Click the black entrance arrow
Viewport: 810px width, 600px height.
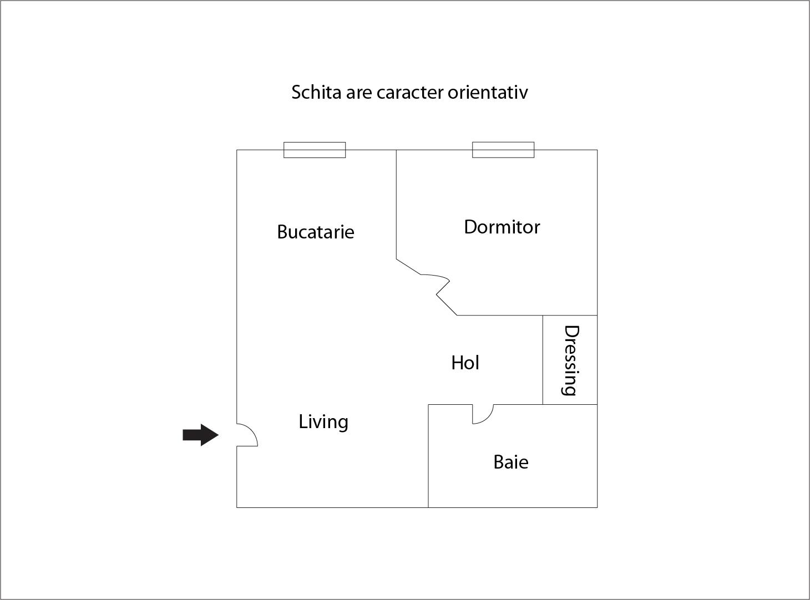point(200,435)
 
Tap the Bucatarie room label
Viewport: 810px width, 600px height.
point(316,232)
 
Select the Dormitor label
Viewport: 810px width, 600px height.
point(502,227)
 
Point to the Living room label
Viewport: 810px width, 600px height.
point(323,422)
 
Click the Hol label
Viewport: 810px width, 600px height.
point(465,363)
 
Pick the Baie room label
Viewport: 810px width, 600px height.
point(511,462)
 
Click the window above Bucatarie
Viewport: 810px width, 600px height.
point(315,150)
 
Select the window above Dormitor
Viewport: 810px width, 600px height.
point(503,150)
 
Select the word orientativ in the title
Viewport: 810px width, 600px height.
point(488,92)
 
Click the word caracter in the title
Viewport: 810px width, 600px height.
point(411,93)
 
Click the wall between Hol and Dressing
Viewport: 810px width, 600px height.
point(543,360)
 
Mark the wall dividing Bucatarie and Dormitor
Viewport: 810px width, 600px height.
point(396,205)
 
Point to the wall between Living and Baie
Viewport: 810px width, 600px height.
point(428,456)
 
